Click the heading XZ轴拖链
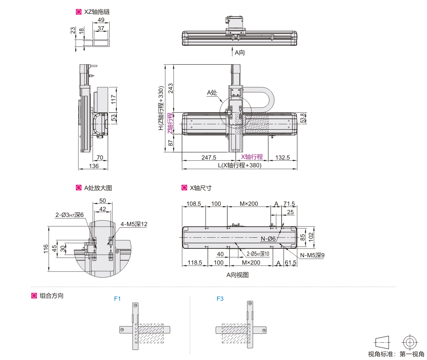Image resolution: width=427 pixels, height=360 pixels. pos(97,12)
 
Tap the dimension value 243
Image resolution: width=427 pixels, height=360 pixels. pos(170,88)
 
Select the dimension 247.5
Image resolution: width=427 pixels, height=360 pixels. pos(209,158)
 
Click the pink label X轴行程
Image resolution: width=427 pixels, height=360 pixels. pos(252,157)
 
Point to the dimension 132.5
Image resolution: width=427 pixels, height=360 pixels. pos(282,158)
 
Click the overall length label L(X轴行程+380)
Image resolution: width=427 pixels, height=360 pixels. pos(239,165)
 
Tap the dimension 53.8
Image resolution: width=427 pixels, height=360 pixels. pos(303,118)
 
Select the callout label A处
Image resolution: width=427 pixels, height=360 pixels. pos(212,92)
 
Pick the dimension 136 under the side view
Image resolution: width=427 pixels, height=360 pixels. pos(93,166)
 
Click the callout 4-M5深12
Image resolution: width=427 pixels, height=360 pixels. pos(134,224)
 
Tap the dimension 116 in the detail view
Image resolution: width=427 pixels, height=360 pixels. pos(46,249)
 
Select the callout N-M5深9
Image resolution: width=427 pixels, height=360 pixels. pos(312,255)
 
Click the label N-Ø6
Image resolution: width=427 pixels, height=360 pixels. pos(268,239)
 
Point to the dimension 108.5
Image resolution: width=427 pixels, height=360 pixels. pos(194,203)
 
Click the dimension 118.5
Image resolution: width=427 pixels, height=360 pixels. pos(195,263)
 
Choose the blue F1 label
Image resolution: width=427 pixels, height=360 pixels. pos(117,298)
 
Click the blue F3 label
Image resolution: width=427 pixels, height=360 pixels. pos(220,298)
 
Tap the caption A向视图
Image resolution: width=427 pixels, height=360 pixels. pos(237,275)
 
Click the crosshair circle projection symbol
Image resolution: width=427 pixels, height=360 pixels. pos(409,342)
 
